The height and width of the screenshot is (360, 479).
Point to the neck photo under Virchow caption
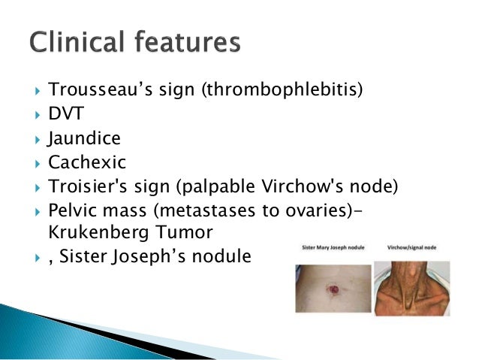pos(412,287)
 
